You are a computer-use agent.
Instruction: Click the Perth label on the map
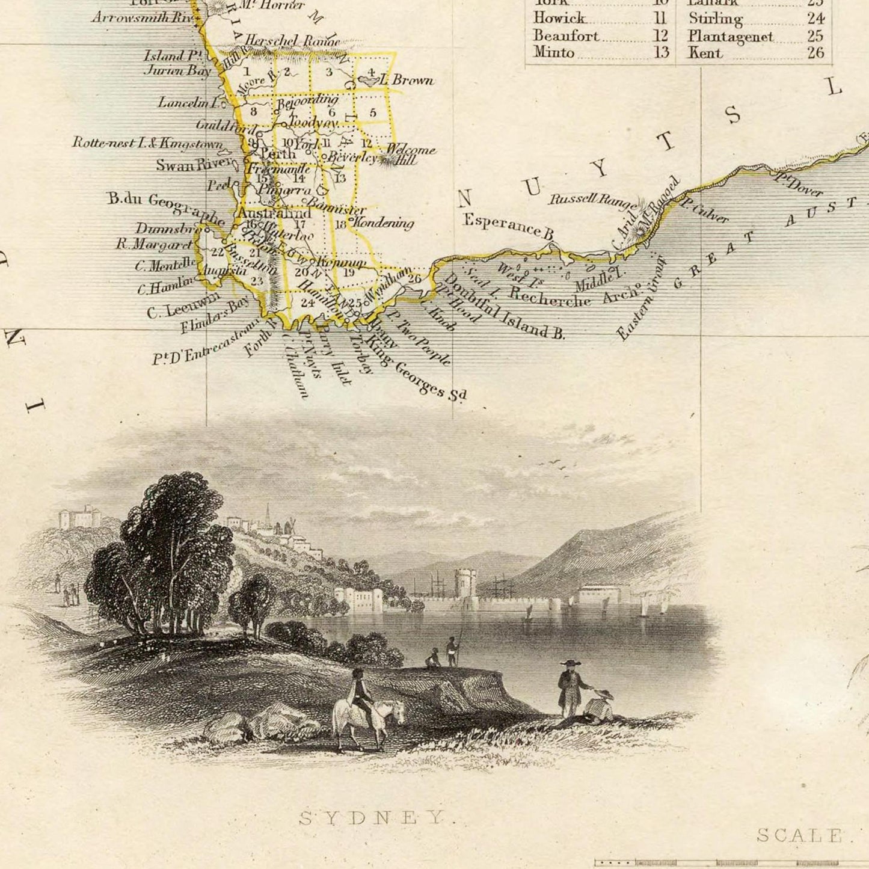click(x=278, y=154)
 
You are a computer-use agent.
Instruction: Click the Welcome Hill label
click(x=410, y=154)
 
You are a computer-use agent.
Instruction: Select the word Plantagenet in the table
click(x=730, y=36)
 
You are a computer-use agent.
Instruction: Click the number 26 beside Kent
click(x=815, y=53)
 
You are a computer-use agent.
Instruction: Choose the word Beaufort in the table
click(x=566, y=36)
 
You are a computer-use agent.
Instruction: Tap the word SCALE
click(x=799, y=835)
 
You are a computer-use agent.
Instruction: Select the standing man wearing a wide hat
click(x=570, y=689)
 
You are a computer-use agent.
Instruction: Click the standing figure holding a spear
click(x=452, y=651)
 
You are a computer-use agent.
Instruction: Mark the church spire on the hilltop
click(x=267, y=514)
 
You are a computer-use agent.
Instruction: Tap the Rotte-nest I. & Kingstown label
click(x=147, y=143)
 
